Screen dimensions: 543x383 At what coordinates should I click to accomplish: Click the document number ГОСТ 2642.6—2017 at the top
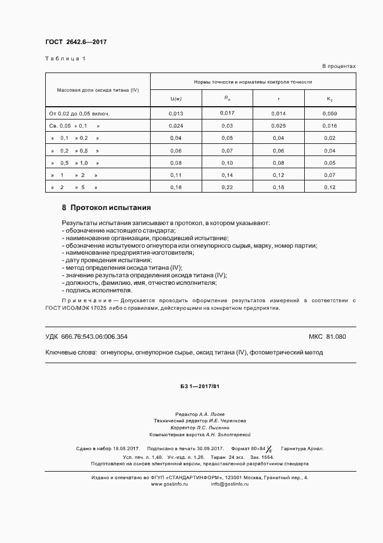point(76,42)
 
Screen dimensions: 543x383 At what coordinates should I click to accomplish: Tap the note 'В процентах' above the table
point(339,66)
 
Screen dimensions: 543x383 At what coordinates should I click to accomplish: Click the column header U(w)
point(176,99)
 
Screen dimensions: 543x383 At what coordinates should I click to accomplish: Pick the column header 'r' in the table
point(279,99)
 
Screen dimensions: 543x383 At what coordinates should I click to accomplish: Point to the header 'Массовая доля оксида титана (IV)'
point(98,90)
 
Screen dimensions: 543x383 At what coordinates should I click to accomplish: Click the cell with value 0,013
point(176,113)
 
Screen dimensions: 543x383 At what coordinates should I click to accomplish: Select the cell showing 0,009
point(330,113)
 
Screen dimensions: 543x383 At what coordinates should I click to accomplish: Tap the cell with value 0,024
point(176,125)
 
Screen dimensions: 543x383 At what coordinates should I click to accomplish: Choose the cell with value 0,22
point(228,187)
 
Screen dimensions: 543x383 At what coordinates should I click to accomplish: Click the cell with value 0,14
point(228,175)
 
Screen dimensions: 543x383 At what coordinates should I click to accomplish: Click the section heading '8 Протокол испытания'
point(106,207)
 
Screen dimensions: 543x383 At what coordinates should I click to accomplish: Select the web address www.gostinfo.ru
point(170,483)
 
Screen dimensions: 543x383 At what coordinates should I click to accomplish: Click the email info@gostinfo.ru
point(229,483)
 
